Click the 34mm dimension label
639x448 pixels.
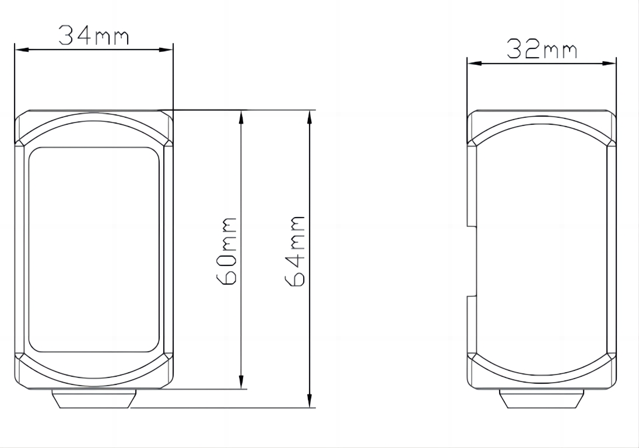(x=93, y=36)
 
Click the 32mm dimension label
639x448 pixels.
(x=542, y=50)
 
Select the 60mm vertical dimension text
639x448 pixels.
(x=227, y=251)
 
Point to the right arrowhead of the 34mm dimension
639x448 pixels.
(x=168, y=50)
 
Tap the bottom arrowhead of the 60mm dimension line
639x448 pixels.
(x=241, y=383)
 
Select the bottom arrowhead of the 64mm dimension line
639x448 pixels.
(x=310, y=402)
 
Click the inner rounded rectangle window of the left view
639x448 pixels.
(x=94, y=250)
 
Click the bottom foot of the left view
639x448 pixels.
(x=94, y=399)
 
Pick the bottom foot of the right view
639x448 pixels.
(x=542, y=399)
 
